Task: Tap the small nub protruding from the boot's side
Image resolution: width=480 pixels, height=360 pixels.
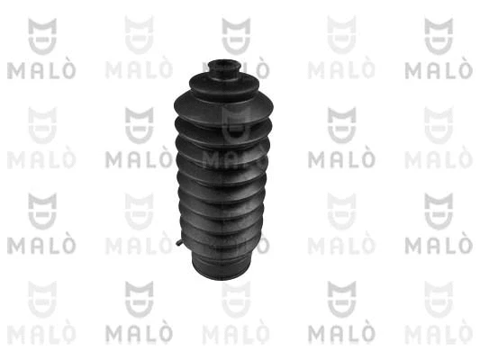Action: click(180, 242)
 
